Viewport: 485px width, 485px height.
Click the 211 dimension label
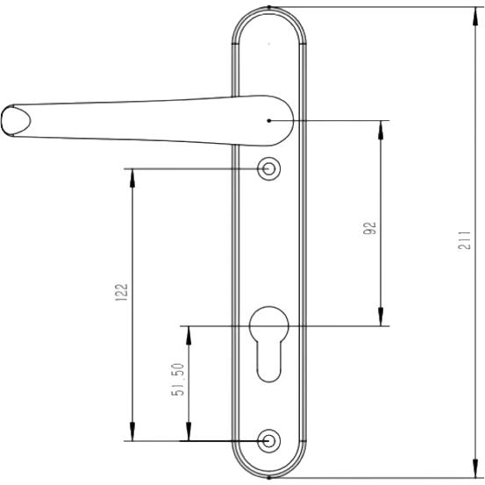pyautogui.click(x=464, y=240)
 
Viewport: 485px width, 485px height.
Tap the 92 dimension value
pyautogui.click(x=369, y=228)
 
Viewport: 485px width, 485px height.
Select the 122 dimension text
pyautogui.click(x=121, y=292)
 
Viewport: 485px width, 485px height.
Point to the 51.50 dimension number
pyautogui.click(x=178, y=380)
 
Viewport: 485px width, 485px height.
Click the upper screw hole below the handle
pyautogui.click(x=268, y=169)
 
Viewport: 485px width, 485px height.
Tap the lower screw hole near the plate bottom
pyautogui.click(x=268, y=441)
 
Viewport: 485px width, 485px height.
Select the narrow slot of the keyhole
pyautogui.click(x=268, y=360)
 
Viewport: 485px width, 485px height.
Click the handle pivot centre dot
pyautogui.click(x=268, y=121)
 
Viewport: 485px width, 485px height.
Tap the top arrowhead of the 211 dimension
pyautogui.click(x=475, y=16)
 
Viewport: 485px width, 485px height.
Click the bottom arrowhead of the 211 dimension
pyautogui.click(x=475, y=468)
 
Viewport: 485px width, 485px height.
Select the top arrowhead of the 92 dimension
pyautogui.click(x=381, y=130)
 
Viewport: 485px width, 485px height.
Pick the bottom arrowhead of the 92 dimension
pyautogui.click(x=381, y=317)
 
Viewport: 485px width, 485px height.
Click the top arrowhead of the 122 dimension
pyautogui.click(x=132, y=178)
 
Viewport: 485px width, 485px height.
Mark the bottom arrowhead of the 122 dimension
pyautogui.click(x=132, y=432)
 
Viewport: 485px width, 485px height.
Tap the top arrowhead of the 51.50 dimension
pyautogui.click(x=189, y=335)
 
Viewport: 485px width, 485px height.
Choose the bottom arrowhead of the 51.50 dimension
pyautogui.click(x=189, y=432)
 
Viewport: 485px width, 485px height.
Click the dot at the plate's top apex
pyautogui.click(x=268, y=7)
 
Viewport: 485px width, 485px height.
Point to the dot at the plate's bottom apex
pyautogui.click(x=268, y=478)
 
